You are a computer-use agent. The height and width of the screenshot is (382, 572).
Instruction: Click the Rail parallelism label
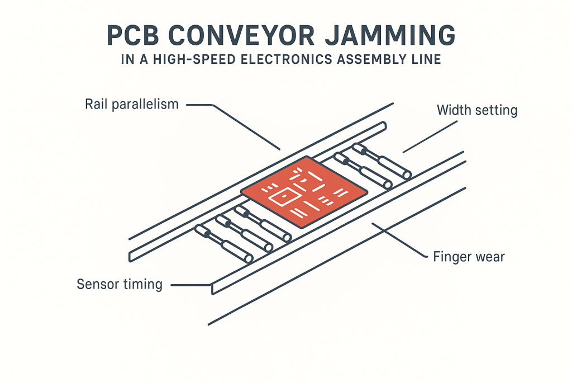131,104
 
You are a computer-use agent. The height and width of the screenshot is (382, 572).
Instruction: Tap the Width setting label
476,110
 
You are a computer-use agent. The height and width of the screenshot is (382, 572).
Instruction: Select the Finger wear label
469,257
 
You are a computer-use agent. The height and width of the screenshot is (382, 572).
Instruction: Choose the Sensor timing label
119,284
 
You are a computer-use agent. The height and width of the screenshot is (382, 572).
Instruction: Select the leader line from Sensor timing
190,285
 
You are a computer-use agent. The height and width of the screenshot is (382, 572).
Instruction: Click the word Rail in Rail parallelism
95,104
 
